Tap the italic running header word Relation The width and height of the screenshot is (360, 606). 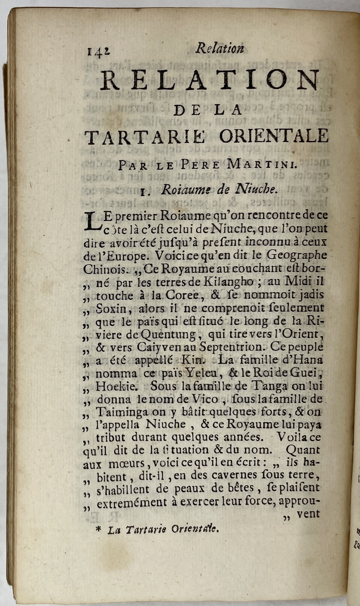click(x=219, y=49)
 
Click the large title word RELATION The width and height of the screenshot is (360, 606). click(x=210, y=80)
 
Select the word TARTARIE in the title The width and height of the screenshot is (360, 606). click(x=145, y=137)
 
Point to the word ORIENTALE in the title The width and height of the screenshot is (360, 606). click(x=274, y=136)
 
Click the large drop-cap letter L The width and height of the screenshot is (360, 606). click(x=92, y=221)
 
